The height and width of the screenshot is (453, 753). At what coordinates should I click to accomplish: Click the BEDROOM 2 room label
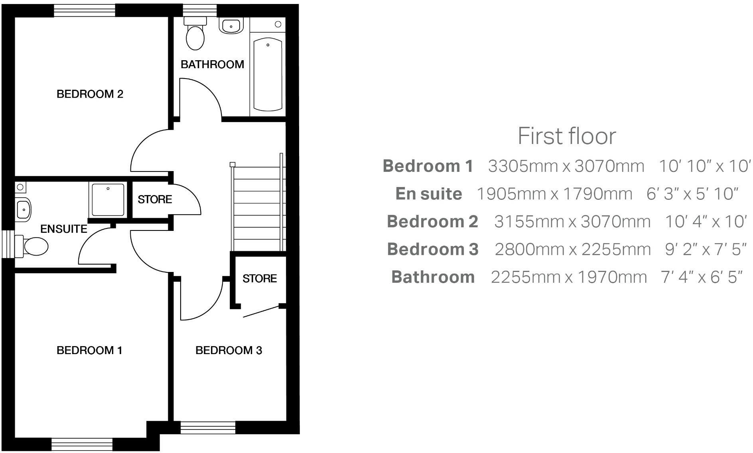(x=90, y=94)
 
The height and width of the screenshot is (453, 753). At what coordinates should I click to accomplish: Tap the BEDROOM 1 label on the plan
(x=89, y=350)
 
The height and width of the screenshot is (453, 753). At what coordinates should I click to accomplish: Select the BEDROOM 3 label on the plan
(x=229, y=350)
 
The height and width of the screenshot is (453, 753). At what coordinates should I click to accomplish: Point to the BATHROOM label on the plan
(x=212, y=64)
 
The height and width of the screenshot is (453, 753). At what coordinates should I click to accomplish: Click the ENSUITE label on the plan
(x=64, y=229)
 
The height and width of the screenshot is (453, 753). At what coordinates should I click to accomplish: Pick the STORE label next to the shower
(x=155, y=199)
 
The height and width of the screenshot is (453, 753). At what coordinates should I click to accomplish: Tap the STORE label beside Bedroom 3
(x=259, y=278)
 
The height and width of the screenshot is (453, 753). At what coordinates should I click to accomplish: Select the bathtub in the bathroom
(x=268, y=74)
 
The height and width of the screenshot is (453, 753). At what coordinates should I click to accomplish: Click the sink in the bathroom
(x=231, y=26)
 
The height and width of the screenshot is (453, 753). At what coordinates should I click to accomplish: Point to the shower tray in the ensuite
(x=108, y=199)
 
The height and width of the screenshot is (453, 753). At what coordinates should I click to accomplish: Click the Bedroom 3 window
(x=207, y=428)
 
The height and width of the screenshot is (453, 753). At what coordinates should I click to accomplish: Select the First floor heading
(x=567, y=136)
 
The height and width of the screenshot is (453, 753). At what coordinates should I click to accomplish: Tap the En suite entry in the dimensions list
(x=429, y=194)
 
